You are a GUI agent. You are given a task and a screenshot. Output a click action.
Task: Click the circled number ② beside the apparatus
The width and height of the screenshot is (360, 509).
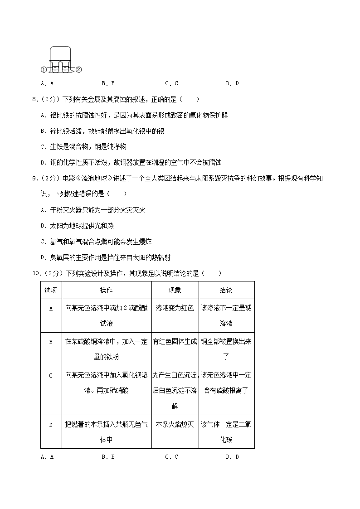(78, 70)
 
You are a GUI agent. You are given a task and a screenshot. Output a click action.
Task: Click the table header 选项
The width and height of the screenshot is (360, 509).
(51, 290)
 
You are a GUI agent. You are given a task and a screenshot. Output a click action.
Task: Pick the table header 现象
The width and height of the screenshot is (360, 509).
(175, 290)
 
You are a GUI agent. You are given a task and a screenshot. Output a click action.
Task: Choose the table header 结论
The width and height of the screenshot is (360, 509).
(226, 290)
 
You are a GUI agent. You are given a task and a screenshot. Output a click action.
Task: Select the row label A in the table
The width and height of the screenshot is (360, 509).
(51, 308)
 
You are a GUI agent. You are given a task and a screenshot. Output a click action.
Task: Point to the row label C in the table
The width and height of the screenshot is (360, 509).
(51, 375)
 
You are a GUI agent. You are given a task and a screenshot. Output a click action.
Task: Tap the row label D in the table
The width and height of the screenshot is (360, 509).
(51, 425)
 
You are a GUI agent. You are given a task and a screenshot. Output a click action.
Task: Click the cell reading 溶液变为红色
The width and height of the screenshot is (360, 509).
(175, 308)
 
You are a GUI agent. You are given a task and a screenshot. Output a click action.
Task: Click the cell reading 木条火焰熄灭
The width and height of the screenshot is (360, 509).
(175, 425)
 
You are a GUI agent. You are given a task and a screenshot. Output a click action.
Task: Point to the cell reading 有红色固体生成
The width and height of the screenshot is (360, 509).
(175, 342)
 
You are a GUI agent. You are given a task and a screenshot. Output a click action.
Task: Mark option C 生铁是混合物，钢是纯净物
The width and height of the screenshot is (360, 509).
(83, 146)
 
